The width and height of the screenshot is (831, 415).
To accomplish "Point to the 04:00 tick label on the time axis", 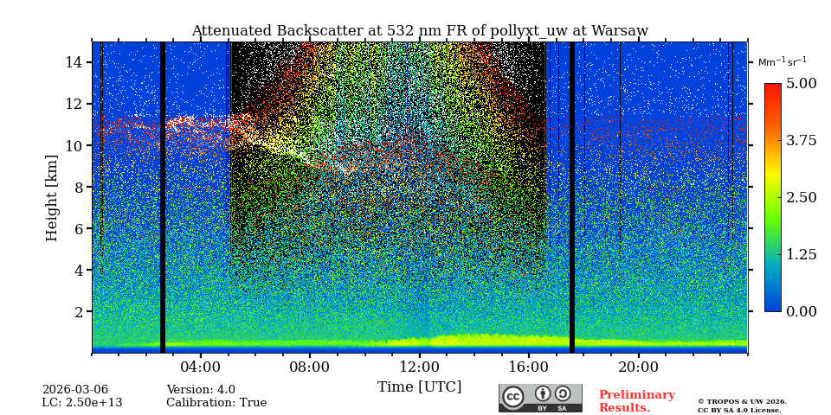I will pyautogui.click(x=201, y=367).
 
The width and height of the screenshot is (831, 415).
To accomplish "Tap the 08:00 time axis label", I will pyautogui.click(x=310, y=367).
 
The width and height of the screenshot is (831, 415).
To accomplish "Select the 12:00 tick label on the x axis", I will pyautogui.click(x=420, y=367).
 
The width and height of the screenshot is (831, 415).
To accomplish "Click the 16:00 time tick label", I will pyautogui.click(x=529, y=367).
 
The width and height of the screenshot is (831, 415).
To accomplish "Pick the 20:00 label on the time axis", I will pyautogui.click(x=638, y=367).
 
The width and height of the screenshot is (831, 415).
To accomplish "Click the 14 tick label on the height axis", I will pyautogui.click(x=74, y=62).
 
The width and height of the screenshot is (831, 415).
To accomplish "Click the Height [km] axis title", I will pyautogui.click(x=52, y=197).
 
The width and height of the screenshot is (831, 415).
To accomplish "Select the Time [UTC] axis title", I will pyautogui.click(x=419, y=387).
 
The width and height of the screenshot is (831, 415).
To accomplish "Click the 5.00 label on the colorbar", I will pyautogui.click(x=801, y=84).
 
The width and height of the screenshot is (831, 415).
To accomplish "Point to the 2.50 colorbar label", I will pyautogui.click(x=801, y=198).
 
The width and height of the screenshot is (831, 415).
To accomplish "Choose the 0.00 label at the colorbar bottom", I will pyautogui.click(x=801, y=312).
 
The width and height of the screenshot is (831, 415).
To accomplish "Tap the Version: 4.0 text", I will pyautogui.click(x=201, y=390).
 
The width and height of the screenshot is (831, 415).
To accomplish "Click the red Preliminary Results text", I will pyautogui.click(x=636, y=401).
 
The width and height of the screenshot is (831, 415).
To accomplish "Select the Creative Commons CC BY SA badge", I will pyautogui.click(x=540, y=398).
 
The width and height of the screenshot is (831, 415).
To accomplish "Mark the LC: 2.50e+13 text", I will pyautogui.click(x=82, y=403).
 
